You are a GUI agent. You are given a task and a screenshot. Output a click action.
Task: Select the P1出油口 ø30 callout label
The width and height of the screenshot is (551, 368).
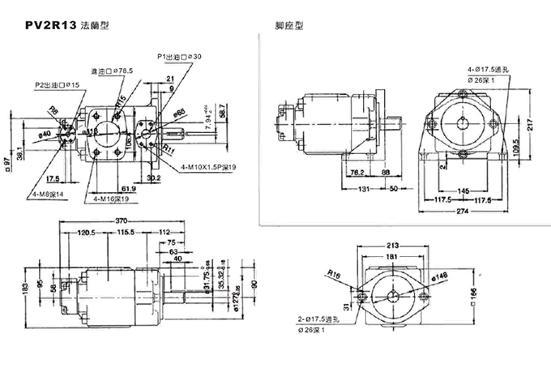click(x=179, y=56)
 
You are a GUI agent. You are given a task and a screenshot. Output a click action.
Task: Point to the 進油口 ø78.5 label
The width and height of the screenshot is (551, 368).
click(x=112, y=71)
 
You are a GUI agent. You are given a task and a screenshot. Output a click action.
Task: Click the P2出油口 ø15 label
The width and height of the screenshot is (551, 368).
click(x=57, y=84)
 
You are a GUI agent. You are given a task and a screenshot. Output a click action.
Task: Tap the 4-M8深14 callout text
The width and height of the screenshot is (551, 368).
click(x=48, y=195)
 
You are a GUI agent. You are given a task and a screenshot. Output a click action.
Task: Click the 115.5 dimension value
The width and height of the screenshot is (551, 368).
click(x=124, y=232)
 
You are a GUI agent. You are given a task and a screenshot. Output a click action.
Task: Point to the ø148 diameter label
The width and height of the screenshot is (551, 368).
click(x=440, y=276)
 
